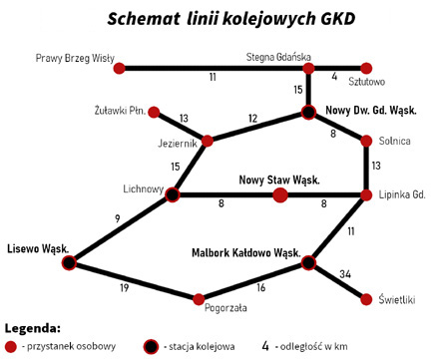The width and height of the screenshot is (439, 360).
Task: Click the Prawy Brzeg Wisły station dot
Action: [x=120, y=69]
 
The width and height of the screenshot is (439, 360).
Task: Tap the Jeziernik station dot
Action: [x=208, y=142]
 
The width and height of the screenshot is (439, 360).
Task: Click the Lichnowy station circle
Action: [x=173, y=194]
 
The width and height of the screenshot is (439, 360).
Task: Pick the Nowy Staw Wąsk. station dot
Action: [x=280, y=194]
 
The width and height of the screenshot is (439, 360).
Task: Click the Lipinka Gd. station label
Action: [x=403, y=194]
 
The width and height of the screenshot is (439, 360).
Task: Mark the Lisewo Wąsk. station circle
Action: [x=69, y=262]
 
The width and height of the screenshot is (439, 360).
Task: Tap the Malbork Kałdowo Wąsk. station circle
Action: [x=308, y=263]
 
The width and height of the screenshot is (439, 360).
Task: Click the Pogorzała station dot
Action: [x=200, y=298]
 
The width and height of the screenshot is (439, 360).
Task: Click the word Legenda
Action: [x=32, y=327]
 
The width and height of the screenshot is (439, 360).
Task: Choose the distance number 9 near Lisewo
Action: [x=118, y=217]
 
